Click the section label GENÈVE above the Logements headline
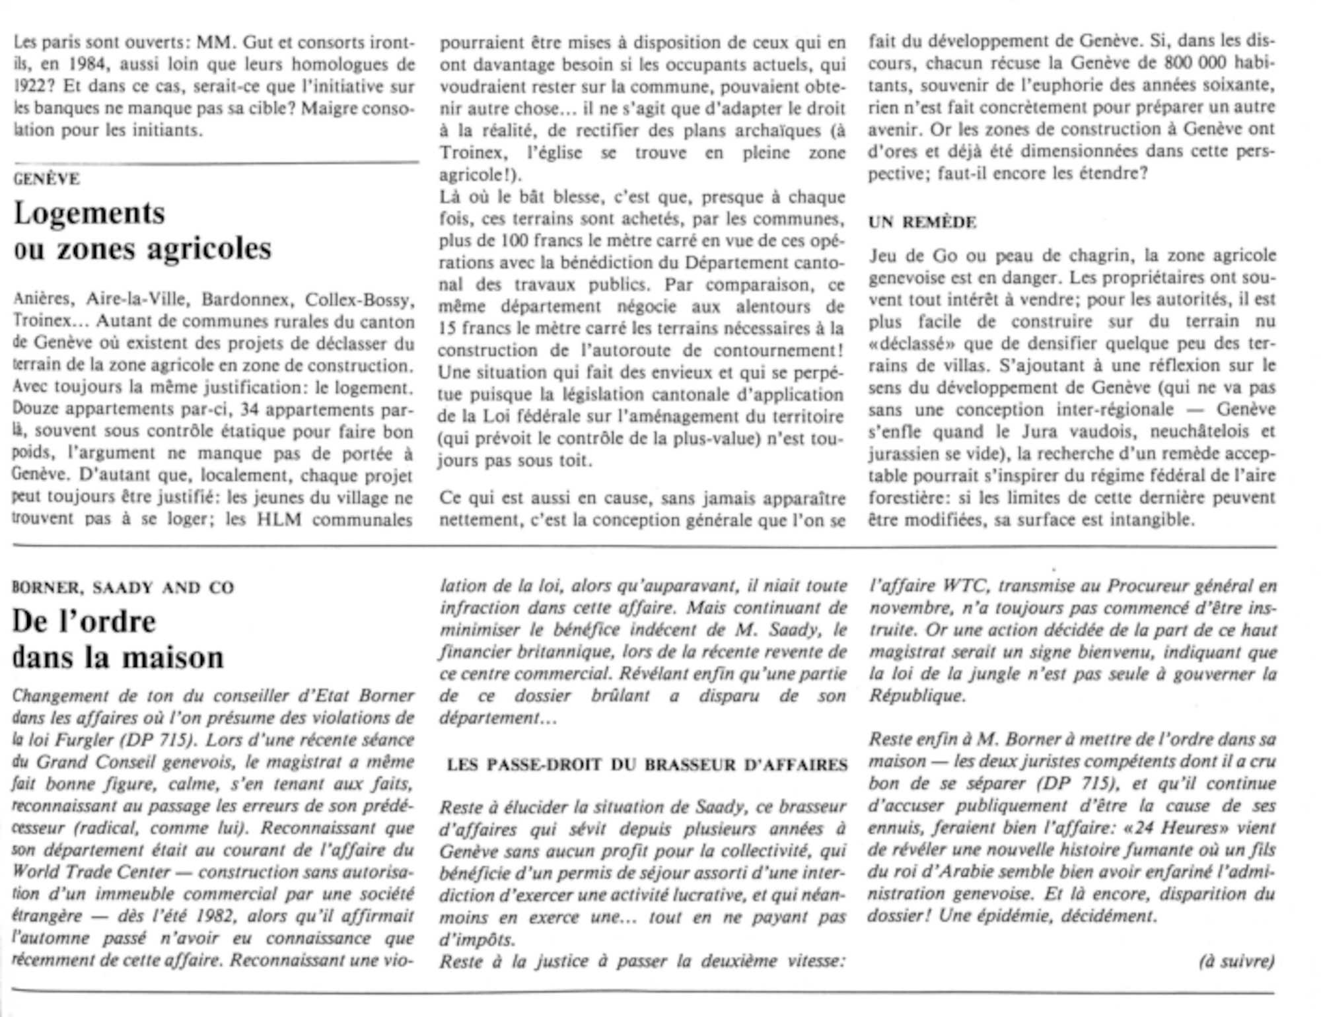[47, 179]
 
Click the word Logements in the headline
[89, 213]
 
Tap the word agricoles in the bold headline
[209, 249]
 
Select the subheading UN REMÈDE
[922, 223]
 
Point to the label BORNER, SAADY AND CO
[124, 588]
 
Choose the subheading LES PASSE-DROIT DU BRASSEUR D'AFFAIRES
[647, 765]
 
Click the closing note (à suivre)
[1236, 961]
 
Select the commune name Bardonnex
[245, 300]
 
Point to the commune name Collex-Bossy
[359, 300]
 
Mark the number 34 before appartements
[249, 409]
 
